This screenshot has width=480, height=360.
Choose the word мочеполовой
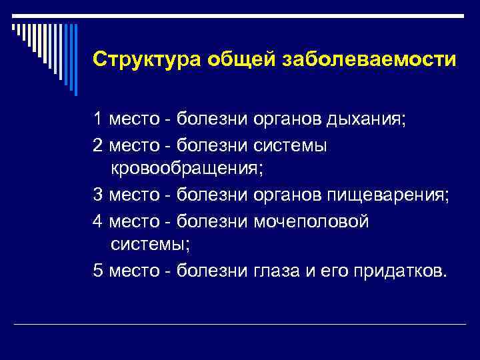[311, 221]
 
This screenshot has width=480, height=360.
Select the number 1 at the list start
[98, 121]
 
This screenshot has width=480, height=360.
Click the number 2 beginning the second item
[98, 145]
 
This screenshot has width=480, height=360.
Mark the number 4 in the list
[98, 221]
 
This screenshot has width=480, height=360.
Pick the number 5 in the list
[98, 271]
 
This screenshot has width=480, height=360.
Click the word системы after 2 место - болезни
[291, 145]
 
